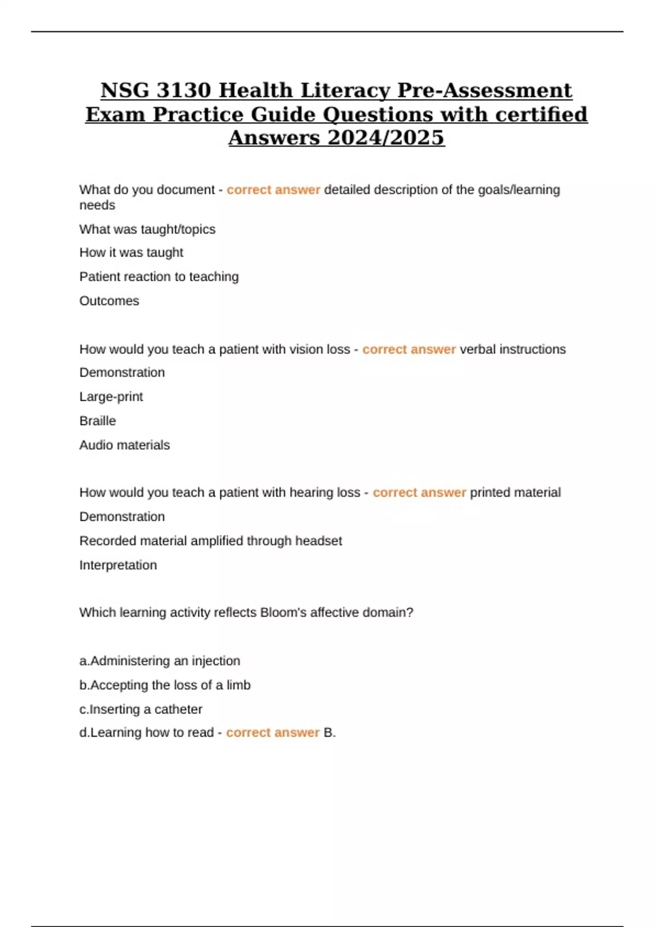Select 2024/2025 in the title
(x=386, y=138)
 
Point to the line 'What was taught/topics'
(x=147, y=230)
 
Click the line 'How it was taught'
(x=131, y=253)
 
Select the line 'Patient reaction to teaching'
(x=159, y=277)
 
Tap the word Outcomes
(x=109, y=301)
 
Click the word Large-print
(x=111, y=397)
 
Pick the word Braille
(x=98, y=421)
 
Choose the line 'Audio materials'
(x=124, y=445)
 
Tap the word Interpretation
(x=118, y=565)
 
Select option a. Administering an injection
(x=159, y=661)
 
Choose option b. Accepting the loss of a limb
(x=165, y=685)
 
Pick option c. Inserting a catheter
(x=141, y=709)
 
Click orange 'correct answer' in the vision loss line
(x=409, y=350)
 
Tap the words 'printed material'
(x=515, y=493)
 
